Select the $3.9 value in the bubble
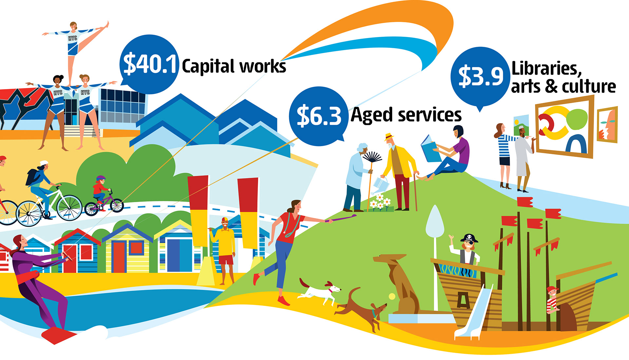coord(481,76)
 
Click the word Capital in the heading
coord(208,67)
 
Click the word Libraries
coord(546,68)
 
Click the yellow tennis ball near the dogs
coord(392,296)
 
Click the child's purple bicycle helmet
coord(101,179)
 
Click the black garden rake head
coord(372,157)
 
